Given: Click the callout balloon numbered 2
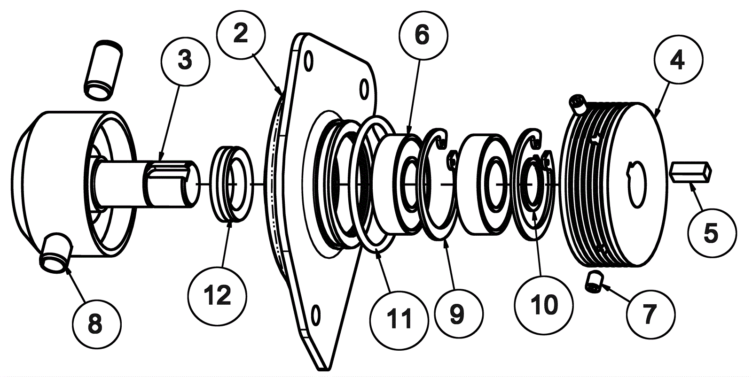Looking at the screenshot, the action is [x=241, y=34].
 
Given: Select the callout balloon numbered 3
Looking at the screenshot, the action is [x=185, y=62].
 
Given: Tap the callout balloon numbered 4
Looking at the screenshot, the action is [x=678, y=60].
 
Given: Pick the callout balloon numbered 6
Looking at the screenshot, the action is [x=423, y=35].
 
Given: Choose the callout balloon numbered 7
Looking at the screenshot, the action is [x=650, y=314].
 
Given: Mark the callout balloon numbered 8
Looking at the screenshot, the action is [x=97, y=324].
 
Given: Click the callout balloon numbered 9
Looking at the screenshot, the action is [x=458, y=314].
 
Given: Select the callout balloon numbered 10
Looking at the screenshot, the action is [x=544, y=305].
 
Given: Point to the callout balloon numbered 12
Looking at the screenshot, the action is [x=218, y=296].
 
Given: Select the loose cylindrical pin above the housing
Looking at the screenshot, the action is [x=103, y=70].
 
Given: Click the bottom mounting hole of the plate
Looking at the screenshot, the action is [x=315, y=315].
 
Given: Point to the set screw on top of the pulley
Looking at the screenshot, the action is [x=578, y=104].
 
